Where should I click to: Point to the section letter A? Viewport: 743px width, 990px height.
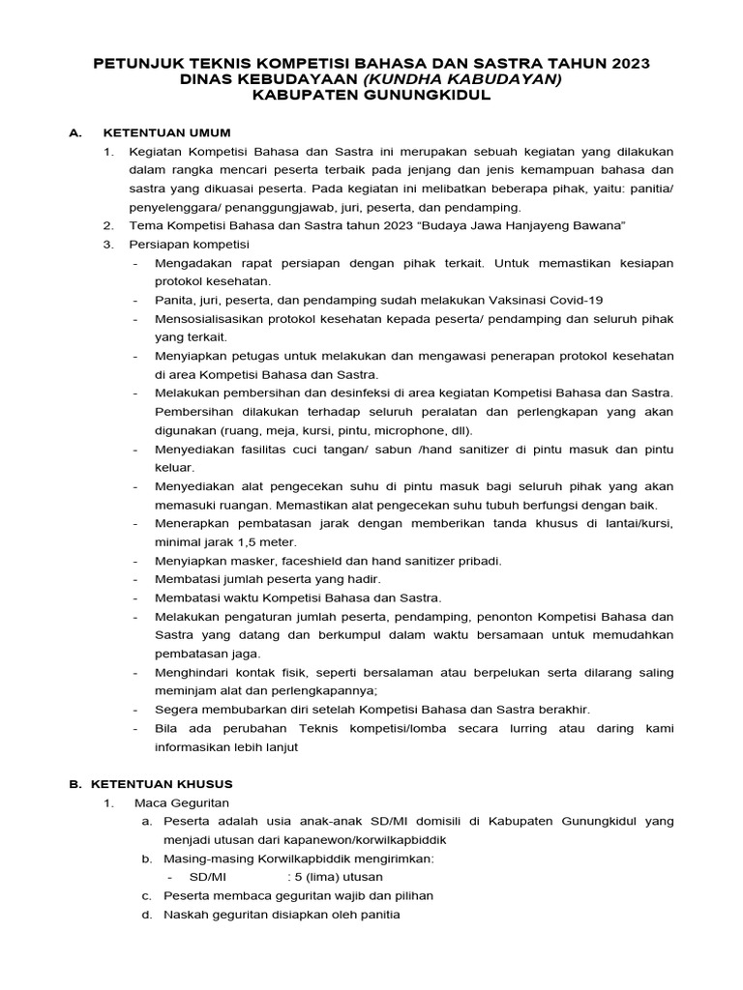coord(74,132)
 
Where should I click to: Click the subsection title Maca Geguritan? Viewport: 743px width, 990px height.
coord(178,802)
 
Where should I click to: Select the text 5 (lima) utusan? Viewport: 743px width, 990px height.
coord(337,877)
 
